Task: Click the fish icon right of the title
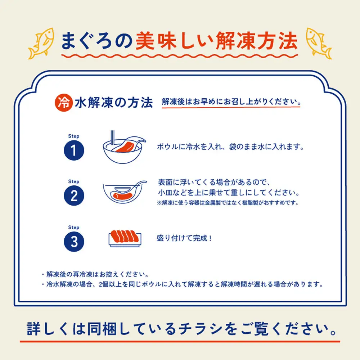click(319, 42)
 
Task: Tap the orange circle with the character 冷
click(64, 102)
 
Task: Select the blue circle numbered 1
click(74, 151)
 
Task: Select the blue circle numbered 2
click(74, 196)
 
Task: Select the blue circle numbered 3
click(74, 242)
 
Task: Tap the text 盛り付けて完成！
click(184, 238)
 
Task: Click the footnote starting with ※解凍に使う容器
click(228, 203)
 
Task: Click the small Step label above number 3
click(73, 228)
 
